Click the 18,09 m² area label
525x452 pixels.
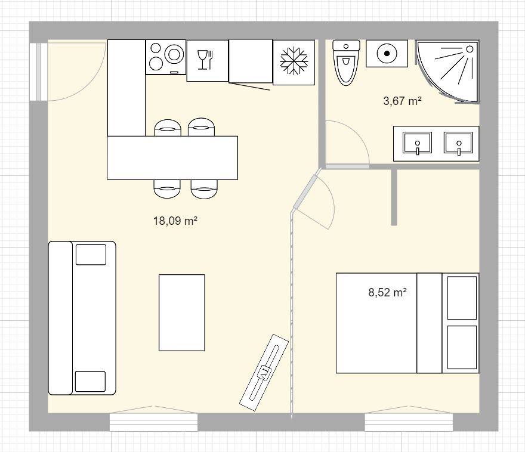tap(175, 221)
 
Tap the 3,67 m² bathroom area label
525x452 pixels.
tap(402, 101)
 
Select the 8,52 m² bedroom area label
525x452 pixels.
tap(387, 292)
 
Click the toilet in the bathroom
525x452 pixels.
tap(346, 63)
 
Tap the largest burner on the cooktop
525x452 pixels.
tap(174, 54)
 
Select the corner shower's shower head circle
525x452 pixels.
tap(470, 49)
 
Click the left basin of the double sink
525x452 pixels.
tap(418, 143)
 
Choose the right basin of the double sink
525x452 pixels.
tap(459, 143)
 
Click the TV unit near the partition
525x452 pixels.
tap(264, 371)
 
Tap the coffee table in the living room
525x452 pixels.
tap(182, 312)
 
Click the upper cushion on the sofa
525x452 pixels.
tap(91, 255)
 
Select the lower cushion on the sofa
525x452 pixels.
tap(91, 382)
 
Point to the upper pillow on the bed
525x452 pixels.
tap(462, 298)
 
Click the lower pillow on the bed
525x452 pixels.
tap(462, 347)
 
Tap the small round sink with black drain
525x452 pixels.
tap(387, 53)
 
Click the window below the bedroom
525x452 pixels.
tap(409, 422)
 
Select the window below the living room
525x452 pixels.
tap(154, 422)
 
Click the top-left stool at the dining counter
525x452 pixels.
tap(168, 128)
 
